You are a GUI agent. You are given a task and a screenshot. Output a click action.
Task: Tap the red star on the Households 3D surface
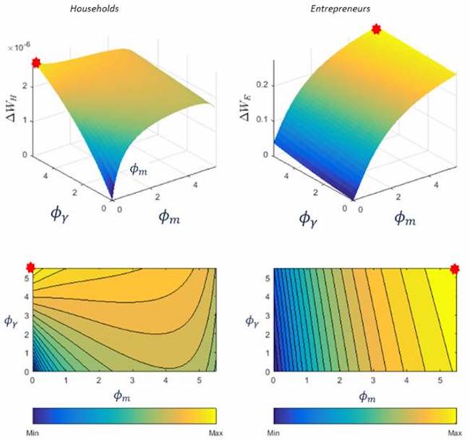click(35, 64)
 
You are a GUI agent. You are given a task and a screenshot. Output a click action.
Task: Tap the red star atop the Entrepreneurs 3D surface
click(376, 29)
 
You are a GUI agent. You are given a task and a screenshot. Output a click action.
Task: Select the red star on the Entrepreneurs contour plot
click(455, 269)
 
